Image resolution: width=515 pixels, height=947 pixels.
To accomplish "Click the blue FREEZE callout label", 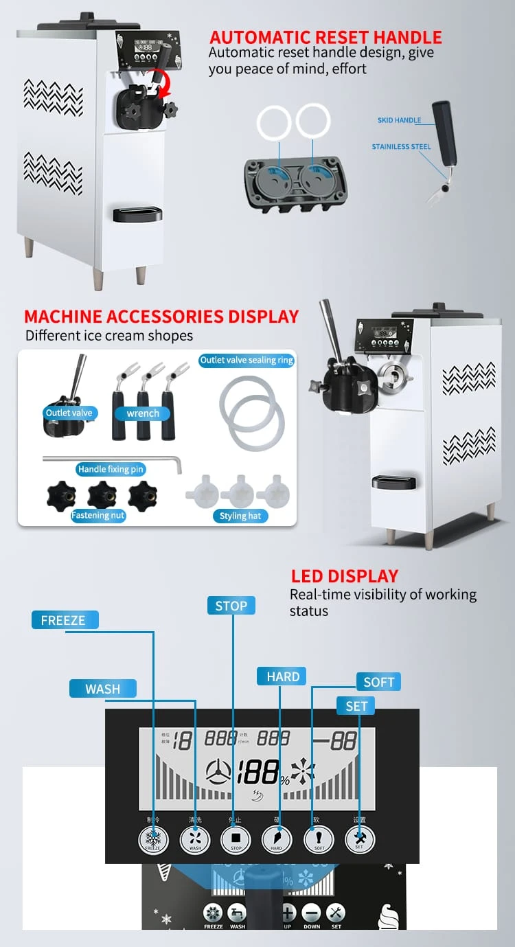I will [64, 620].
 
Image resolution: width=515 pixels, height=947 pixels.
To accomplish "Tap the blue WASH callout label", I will [103, 689].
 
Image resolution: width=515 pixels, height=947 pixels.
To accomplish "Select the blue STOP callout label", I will [231, 606].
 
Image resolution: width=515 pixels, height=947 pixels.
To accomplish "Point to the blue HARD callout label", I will [283, 676].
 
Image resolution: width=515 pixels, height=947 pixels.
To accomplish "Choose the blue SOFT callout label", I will [378, 682].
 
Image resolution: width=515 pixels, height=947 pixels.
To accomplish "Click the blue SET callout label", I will [356, 706].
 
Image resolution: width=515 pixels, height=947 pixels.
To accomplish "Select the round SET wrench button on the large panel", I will [359, 839].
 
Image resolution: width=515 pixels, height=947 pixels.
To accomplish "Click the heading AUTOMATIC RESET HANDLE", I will [325, 37].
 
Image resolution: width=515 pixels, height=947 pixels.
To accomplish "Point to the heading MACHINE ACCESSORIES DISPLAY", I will [161, 317].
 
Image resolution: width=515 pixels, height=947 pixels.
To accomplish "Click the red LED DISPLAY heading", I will [344, 576].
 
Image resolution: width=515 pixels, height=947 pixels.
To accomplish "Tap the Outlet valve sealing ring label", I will [247, 361].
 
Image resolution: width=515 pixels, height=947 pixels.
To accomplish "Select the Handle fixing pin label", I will [111, 469].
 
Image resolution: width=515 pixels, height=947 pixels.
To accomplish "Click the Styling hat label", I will [240, 516].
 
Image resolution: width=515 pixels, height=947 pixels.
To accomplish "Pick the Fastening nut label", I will [98, 515].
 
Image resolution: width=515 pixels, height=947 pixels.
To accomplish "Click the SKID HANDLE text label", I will [399, 120].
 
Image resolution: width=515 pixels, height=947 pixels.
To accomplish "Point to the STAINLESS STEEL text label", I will [401, 147].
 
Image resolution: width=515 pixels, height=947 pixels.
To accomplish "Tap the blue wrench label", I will [143, 413].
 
